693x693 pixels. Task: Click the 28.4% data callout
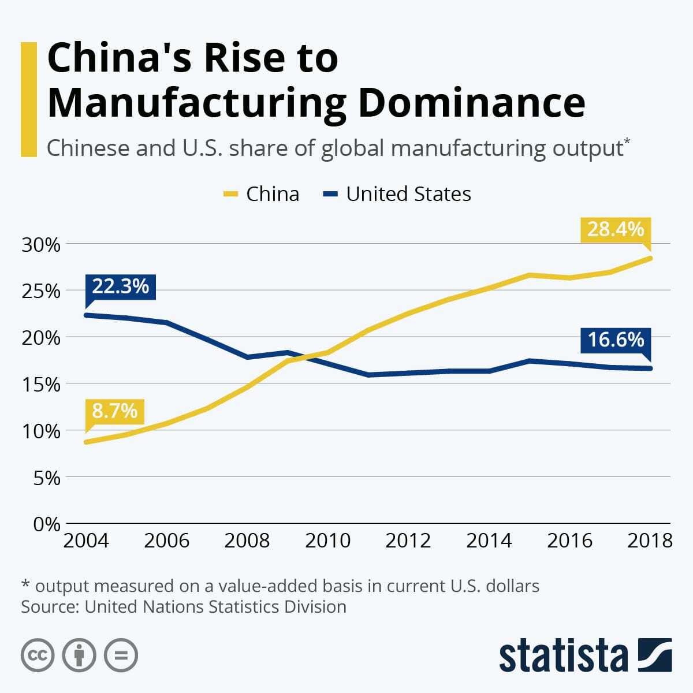pyautogui.click(x=616, y=229)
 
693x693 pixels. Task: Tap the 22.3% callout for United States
pyautogui.click(x=120, y=286)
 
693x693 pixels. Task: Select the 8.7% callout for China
pyautogui.click(x=114, y=411)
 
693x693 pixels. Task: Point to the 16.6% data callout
pyautogui.click(x=616, y=339)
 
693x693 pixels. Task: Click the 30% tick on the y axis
pyautogui.click(x=41, y=245)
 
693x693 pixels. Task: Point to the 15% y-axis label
pyautogui.click(x=41, y=385)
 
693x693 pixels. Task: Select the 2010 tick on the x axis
pyautogui.click(x=327, y=541)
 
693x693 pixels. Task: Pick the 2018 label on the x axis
pyautogui.click(x=650, y=541)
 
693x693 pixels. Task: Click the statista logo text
pyautogui.click(x=563, y=656)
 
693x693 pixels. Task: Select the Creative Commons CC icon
pyautogui.click(x=38, y=655)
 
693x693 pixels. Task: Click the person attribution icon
pyautogui.click(x=79, y=655)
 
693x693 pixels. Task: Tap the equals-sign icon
pyautogui.click(x=121, y=655)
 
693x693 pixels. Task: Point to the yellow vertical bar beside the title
pyautogui.click(x=29, y=99)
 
